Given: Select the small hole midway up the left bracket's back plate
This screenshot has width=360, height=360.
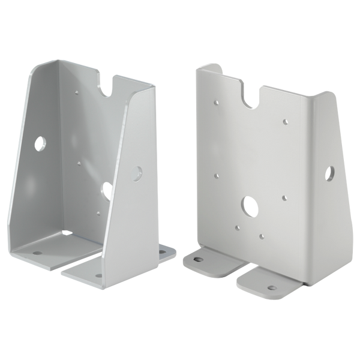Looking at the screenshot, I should (79, 161).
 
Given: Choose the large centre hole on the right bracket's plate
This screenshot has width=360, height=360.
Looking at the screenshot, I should (247, 206).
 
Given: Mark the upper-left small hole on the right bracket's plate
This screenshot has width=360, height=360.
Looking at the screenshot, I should (215, 103).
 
